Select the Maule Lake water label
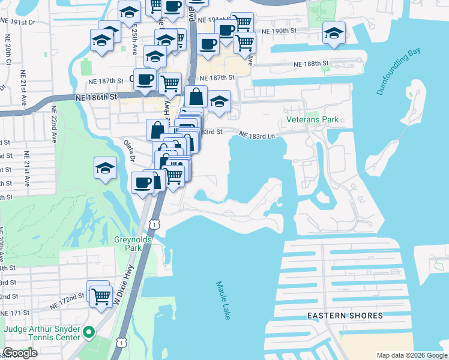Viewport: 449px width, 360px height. [223, 300]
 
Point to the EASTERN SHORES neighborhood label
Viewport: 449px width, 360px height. [345, 316]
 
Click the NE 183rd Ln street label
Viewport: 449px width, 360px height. [257, 136]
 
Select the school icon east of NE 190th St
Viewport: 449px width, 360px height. [333, 34]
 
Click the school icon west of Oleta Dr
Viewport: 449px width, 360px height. [105, 169]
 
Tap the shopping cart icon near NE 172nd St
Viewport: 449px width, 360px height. [101, 295]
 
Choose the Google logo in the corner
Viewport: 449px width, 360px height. [20, 353]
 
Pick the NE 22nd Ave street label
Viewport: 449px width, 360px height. [54, 124]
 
